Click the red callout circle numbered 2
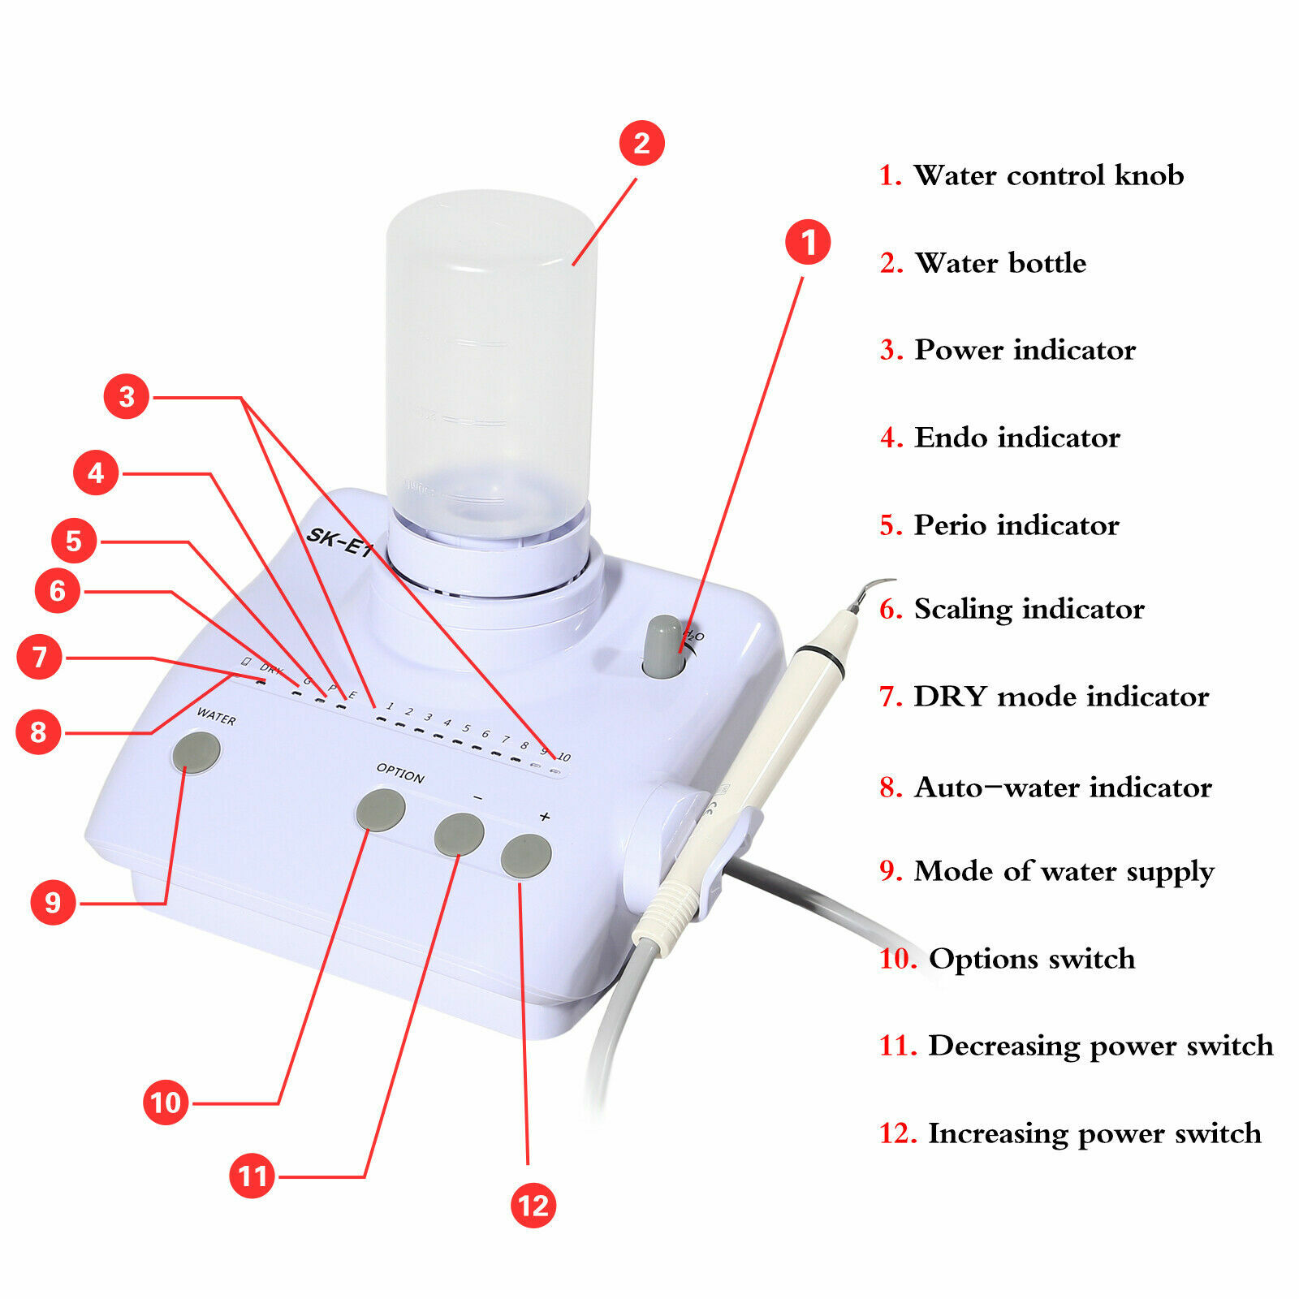pyautogui.click(x=641, y=143)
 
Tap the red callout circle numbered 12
pyautogui.click(x=533, y=1205)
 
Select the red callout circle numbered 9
pyautogui.click(x=53, y=902)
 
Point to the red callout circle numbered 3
pyautogui.click(x=127, y=396)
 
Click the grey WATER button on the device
pyautogui.click(x=196, y=753)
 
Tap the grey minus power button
pyautogui.click(x=459, y=835)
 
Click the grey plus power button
pyautogui.click(x=526, y=856)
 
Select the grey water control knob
pyautogui.click(x=665, y=645)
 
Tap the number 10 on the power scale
pyautogui.click(x=563, y=757)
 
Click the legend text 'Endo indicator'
pyautogui.click(x=1016, y=438)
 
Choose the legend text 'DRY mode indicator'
pyautogui.click(x=1060, y=697)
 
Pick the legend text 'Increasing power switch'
pyautogui.click(x=1094, y=1133)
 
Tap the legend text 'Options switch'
pyautogui.click(x=1031, y=959)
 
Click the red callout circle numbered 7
pyautogui.click(x=39, y=657)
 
